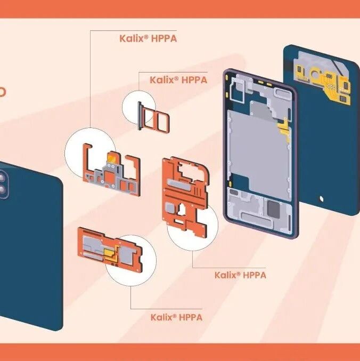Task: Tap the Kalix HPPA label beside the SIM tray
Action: click(x=178, y=80)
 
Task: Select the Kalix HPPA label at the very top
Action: click(x=148, y=38)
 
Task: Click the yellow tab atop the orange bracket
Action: click(x=113, y=157)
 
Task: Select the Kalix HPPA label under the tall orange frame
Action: click(x=240, y=275)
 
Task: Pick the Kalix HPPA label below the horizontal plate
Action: click(x=176, y=317)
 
